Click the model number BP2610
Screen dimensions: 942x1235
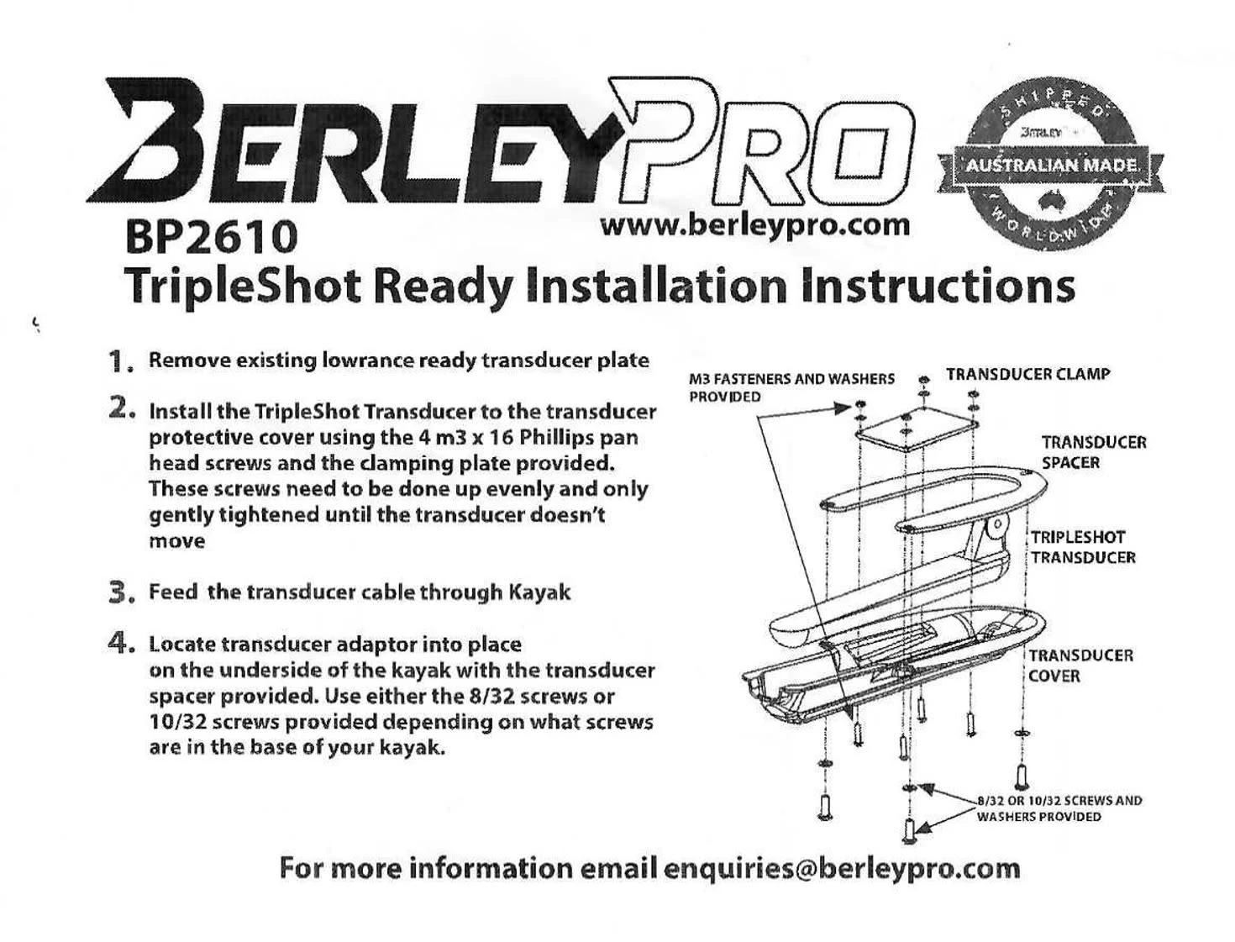[x=211, y=237]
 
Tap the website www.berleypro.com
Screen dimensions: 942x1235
[x=754, y=224]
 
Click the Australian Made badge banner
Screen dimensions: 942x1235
[x=1052, y=165]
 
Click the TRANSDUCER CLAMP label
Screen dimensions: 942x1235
[x=1027, y=374]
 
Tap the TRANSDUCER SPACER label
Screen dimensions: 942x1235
[x=1093, y=452]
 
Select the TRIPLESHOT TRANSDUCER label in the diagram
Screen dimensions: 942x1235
[x=1083, y=547]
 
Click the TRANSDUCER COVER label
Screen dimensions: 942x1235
[x=1080, y=665]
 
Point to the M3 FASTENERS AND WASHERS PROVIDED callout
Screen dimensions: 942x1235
[x=791, y=387]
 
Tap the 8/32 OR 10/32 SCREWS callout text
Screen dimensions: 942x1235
[x=1059, y=808]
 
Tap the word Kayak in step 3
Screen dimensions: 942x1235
[x=539, y=592]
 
